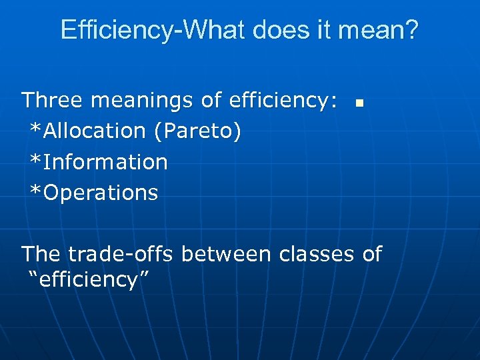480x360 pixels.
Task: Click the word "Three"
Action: [x=53, y=101]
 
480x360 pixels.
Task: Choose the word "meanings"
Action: [x=142, y=101]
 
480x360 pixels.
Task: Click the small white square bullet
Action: [x=359, y=103]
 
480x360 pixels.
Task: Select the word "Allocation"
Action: [x=94, y=131]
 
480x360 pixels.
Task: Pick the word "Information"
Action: [x=105, y=162]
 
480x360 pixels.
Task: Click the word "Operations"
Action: [x=101, y=193]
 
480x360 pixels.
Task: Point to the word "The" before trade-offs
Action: [x=41, y=254]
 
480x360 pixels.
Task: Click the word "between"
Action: [x=226, y=254]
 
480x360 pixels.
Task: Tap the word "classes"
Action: [x=316, y=254]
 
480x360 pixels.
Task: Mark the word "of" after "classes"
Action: [x=372, y=254]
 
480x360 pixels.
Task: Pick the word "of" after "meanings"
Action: [x=211, y=101]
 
